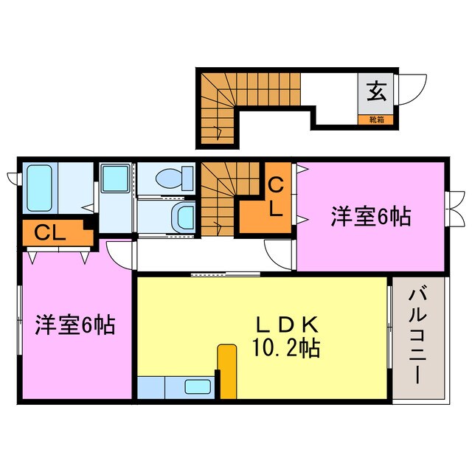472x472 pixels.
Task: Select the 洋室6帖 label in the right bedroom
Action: click(369, 218)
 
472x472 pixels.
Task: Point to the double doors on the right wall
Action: click(456, 209)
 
